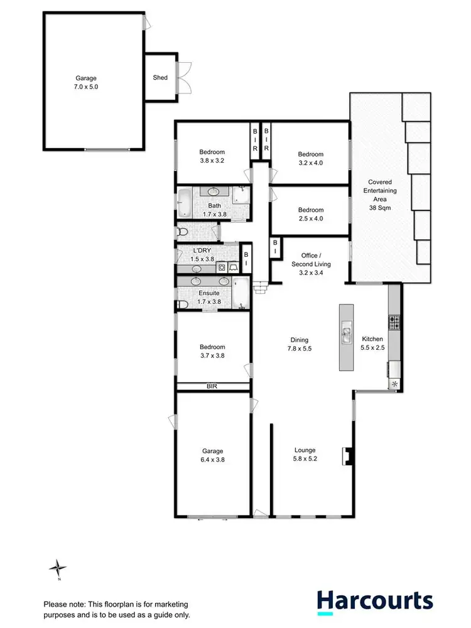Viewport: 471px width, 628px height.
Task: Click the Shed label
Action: pos(160,77)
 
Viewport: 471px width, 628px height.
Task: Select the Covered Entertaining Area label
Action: pos(381,189)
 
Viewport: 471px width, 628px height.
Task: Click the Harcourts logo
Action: pos(374,601)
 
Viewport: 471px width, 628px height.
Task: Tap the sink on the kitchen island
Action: pos(346,333)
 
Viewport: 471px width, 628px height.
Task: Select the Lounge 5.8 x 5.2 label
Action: pos(305,454)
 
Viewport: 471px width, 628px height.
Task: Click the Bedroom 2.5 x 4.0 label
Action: pos(311,214)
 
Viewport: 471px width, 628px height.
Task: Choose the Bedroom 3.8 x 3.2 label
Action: pos(212,156)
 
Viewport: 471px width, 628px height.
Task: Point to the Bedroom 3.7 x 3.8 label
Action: pos(212,351)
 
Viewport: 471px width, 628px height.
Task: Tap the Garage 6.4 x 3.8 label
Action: pos(213,455)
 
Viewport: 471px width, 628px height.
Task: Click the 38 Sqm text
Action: pos(381,207)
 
